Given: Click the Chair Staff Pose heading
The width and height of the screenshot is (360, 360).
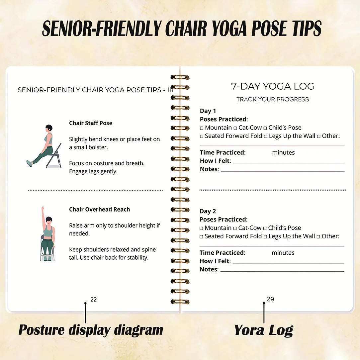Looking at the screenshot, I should point(91,123).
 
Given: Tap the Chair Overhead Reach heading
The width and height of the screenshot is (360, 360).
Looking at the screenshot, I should point(99,210).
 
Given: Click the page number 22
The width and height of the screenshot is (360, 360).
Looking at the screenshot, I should point(94,300).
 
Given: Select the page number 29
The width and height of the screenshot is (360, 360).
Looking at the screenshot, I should point(271,299).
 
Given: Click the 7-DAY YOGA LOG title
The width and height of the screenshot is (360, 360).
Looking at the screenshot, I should point(272,86).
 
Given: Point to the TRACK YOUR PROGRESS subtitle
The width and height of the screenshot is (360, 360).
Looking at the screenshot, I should point(272,99).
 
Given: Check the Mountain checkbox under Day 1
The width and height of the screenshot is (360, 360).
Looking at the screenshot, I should point(202,128).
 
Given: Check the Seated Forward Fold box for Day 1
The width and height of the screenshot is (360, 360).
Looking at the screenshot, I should point(202,136).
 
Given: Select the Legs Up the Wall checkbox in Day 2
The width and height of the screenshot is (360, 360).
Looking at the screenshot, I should point(265,237).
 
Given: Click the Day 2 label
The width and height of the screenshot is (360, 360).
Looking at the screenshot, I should point(208,211).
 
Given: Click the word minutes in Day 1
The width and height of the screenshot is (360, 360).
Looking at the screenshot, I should point(283,153).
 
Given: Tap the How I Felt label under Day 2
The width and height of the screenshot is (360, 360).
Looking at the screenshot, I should point(215,261).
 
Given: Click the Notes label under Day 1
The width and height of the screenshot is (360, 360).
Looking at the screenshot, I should point(209,169).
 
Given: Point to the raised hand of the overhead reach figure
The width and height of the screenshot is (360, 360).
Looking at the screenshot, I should point(43,209).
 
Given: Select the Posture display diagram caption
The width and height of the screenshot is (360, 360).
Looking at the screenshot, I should point(91,330).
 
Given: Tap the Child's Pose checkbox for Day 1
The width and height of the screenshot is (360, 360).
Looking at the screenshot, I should point(265,128).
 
